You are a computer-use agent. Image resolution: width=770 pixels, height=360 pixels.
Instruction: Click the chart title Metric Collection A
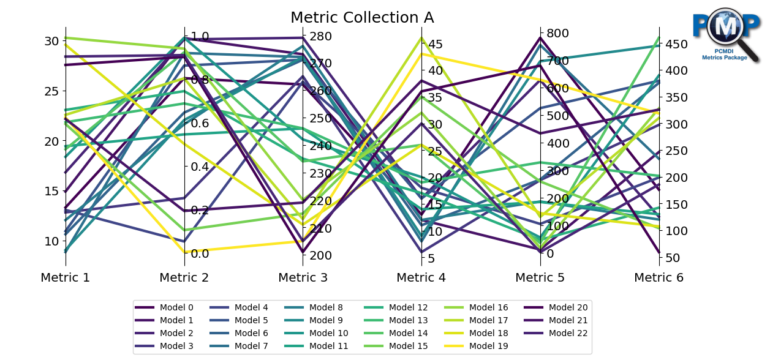click(361, 17)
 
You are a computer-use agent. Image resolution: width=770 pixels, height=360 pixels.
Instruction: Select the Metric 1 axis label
click(66, 277)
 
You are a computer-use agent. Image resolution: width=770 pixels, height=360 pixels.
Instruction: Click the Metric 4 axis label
click(421, 277)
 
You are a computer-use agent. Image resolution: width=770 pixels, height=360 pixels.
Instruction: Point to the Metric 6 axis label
click(659, 277)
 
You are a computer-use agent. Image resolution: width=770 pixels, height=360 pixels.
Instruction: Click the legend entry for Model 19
click(488, 346)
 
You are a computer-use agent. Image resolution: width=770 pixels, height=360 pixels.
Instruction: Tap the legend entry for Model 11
click(329, 346)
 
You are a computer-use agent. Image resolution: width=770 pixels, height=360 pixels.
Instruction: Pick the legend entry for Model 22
click(568, 333)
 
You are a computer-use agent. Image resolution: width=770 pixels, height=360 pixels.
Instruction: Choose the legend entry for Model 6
click(251, 333)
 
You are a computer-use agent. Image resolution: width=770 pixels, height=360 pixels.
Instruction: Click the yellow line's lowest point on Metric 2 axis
click(184, 251)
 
